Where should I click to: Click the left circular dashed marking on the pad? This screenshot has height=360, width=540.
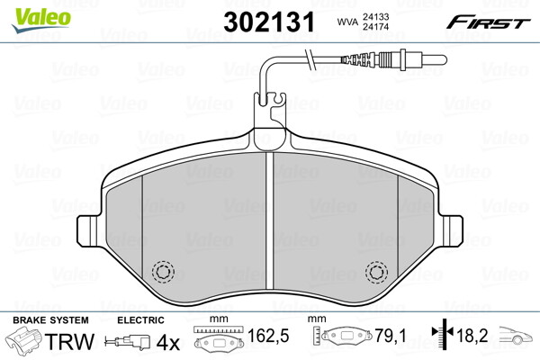[163, 271]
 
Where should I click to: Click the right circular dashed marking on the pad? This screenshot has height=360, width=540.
[375, 271]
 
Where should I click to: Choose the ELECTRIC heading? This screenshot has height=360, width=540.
[140, 320]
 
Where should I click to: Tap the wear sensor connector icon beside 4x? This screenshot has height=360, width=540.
[129, 343]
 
